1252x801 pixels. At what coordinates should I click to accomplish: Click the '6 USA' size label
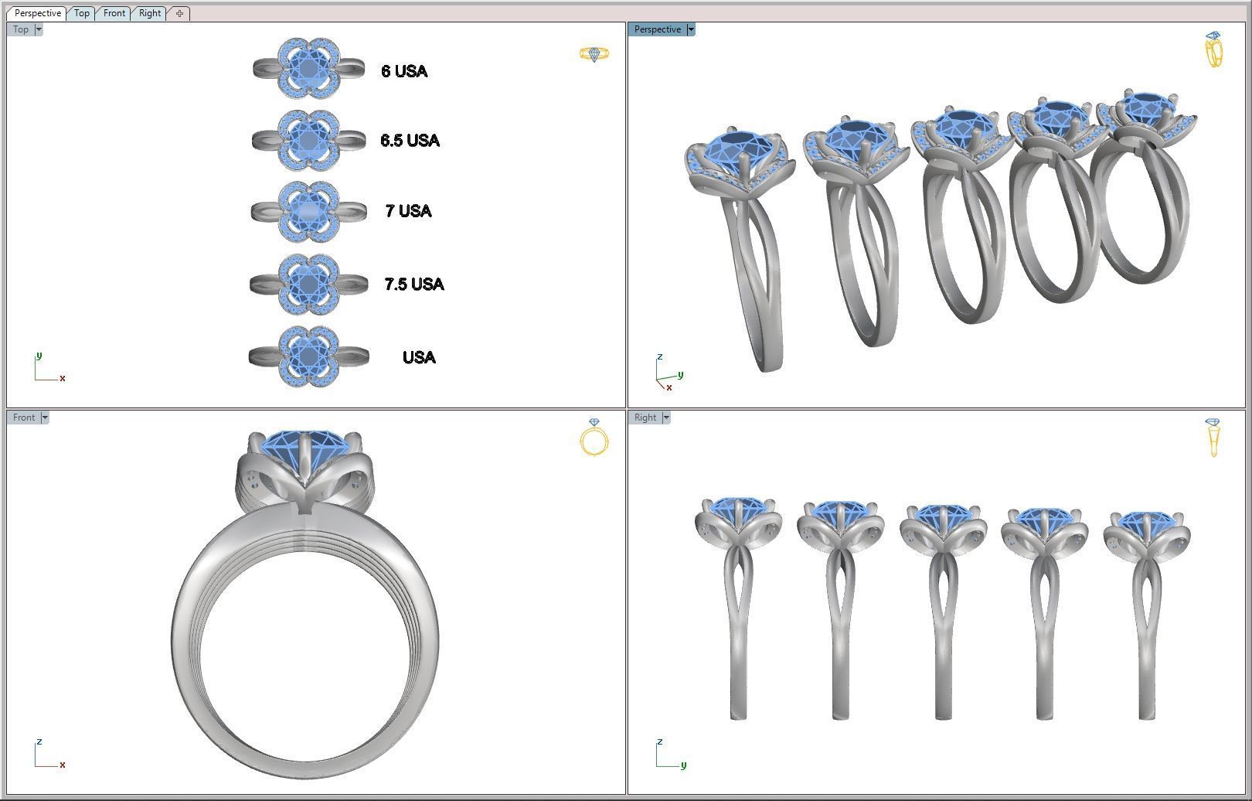click(404, 71)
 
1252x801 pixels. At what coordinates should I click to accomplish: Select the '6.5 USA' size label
click(410, 141)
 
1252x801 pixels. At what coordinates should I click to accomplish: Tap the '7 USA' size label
click(408, 211)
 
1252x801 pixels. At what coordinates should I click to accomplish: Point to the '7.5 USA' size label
click(414, 285)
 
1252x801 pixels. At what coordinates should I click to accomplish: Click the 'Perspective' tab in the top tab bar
click(37, 13)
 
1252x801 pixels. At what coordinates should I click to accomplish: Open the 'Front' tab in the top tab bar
click(114, 13)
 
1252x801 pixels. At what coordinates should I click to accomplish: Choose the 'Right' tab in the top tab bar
click(150, 13)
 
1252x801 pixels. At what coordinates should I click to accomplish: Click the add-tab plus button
click(179, 13)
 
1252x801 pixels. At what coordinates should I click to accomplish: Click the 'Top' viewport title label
click(21, 29)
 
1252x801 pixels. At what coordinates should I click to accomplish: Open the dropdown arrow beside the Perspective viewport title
click(691, 29)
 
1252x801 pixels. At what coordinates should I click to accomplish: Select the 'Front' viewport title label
click(24, 418)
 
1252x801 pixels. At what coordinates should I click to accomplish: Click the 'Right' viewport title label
click(645, 418)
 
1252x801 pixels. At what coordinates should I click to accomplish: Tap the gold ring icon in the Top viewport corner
click(594, 54)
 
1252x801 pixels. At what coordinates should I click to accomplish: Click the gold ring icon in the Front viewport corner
click(594, 438)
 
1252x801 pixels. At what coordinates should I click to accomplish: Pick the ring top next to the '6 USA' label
click(309, 69)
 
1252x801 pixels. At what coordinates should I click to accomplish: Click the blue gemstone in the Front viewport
click(304, 448)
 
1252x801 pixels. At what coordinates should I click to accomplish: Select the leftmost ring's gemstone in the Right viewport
click(737, 510)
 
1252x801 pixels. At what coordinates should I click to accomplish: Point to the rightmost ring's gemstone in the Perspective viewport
click(1145, 108)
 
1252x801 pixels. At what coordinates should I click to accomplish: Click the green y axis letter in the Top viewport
click(39, 356)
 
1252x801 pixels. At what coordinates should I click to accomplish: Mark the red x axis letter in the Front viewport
click(62, 765)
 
